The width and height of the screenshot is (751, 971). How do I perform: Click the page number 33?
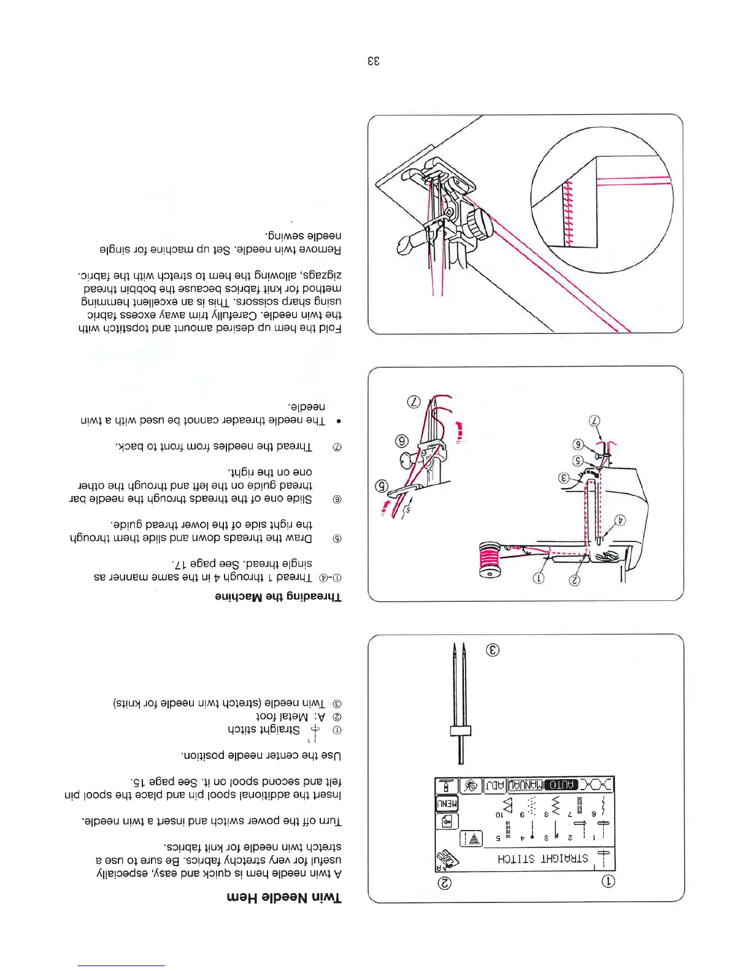[374, 61]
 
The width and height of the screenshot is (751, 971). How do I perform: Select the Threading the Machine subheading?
[278, 596]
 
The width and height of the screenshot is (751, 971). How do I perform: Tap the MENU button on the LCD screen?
[447, 803]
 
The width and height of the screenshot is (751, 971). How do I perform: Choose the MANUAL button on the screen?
[526, 785]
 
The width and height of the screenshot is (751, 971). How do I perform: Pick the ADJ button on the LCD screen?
[495, 785]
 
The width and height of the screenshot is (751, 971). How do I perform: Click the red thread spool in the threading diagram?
[490, 560]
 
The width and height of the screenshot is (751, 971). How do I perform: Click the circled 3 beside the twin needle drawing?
[492, 650]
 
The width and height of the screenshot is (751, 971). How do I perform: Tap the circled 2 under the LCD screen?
[445, 883]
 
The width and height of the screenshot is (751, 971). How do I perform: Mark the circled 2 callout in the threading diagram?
[574, 579]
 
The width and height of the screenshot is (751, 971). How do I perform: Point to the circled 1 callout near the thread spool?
[539, 578]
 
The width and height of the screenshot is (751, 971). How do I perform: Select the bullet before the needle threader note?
[338, 422]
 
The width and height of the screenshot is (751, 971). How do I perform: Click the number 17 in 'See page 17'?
[181, 563]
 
